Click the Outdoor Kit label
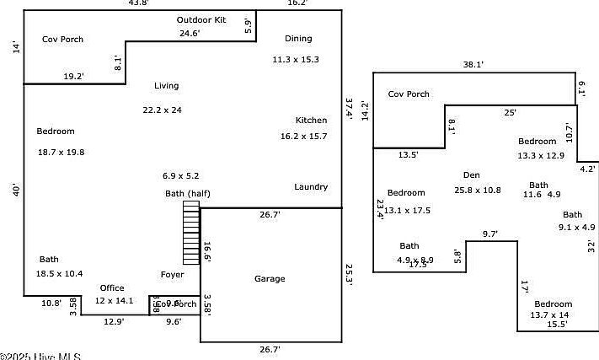click(201, 19)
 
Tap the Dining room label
click(298, 39)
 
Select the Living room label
click(167, 86)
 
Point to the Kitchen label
click(311, 121)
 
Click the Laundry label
click(311, 187)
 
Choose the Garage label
click(270, 279)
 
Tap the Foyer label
click(172, 275)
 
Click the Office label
click(112, 288)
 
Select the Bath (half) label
click(187, 194)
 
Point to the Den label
click(472, 175)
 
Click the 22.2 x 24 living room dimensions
click(163, 110)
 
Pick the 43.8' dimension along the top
click(138, 3)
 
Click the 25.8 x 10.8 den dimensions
click(477, 191)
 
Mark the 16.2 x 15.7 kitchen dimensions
click(303, 136)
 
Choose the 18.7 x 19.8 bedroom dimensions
click(62, 152)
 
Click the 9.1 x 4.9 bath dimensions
click(577, 228)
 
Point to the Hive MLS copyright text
click(40, 356)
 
